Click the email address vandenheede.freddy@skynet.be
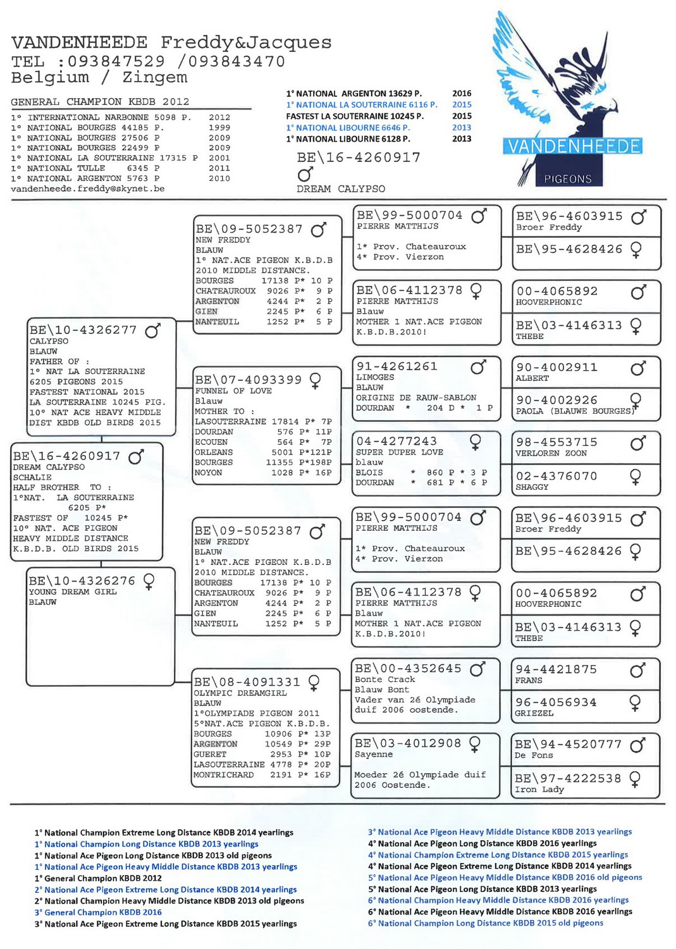(x=87, y=189)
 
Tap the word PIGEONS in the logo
(x=567, y=179)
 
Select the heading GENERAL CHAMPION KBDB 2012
(x=100, y=101)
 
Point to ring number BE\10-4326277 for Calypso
(x=83, y=330)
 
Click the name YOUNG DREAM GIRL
(x=73, y=592)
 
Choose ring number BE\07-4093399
(x=248, y=380)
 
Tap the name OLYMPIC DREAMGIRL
(x=240, y=693)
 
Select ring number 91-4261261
(x=396, y=366)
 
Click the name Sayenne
(x=373, y=754)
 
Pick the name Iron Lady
(x=539, y=790)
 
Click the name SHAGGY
(x=532, y=487)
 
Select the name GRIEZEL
(x=534, y=713)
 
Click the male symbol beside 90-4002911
(x=638, y=368)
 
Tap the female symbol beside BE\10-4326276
(x=149, y=581)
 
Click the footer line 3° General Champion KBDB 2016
(x=98, y=912)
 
